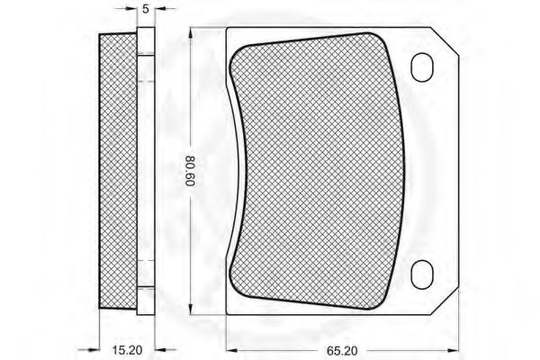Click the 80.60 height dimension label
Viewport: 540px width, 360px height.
[190, 171]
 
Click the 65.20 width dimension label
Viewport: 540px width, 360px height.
[342, 351]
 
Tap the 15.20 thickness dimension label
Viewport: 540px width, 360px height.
[127, 350]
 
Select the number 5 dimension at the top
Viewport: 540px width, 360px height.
[146, 9]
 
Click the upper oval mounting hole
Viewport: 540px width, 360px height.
[421, 67]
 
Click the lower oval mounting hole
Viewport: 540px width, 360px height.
[421, 274]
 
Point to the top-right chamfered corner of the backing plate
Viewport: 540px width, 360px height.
[445, 41]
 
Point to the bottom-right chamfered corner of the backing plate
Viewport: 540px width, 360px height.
[445, 301]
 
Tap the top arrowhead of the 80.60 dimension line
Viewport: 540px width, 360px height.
[191, 33]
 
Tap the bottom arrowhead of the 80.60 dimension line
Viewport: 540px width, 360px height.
[191, 309]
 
